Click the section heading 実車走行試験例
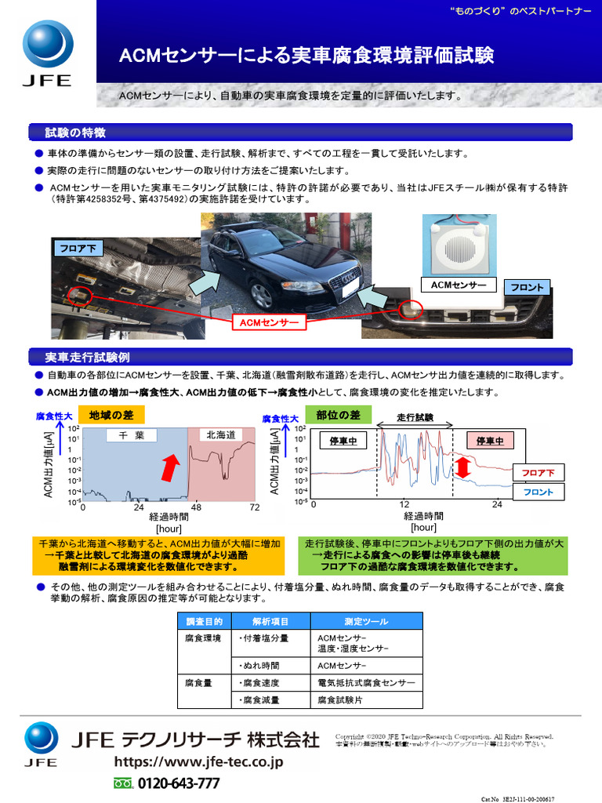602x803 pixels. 82,358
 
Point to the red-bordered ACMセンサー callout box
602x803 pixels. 269,322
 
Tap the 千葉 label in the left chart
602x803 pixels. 131,435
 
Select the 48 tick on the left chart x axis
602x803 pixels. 196,507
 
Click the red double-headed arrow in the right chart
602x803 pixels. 462,468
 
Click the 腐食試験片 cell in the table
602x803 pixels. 342,699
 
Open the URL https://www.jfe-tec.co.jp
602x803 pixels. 198,761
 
